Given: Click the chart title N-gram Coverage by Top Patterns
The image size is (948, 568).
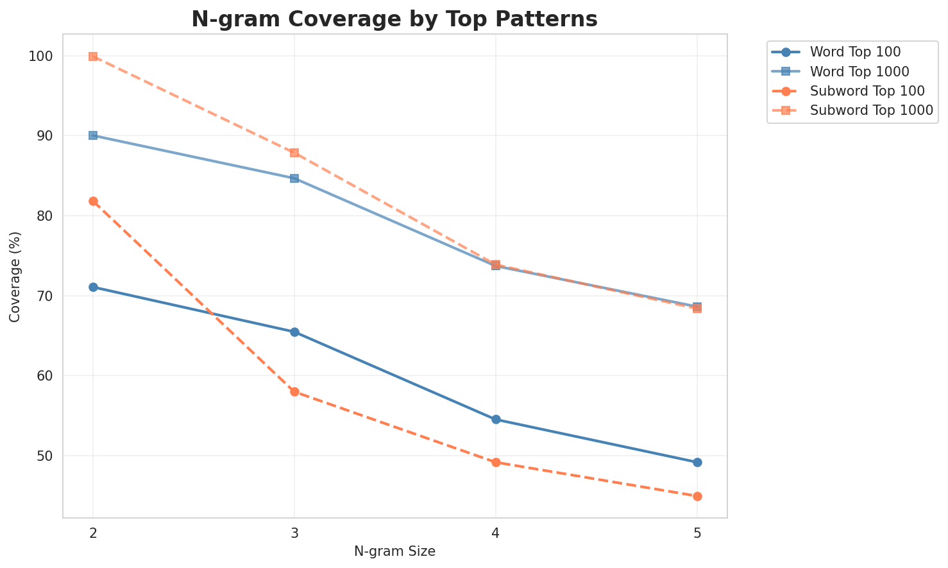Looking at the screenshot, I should [x=394, y=19].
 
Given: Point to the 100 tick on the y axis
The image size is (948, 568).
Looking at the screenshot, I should [x=42, y=56].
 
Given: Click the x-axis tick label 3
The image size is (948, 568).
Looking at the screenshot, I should [x=294, y=533].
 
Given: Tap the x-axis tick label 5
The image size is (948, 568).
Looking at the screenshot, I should [x=697, y=533].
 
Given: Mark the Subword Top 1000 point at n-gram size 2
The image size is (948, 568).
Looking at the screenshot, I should [x=93, y=56].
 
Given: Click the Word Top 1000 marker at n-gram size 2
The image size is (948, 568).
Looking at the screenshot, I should [x=93, y=135].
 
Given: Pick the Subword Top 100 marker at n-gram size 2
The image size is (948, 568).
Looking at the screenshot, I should [x=93, y=201].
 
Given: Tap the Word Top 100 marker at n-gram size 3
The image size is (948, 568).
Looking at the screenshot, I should [x=294, y=332].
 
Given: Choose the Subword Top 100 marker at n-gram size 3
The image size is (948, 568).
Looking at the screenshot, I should [x=294, y=392].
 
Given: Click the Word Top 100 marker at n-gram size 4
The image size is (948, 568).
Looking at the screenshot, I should [x=496, y=420].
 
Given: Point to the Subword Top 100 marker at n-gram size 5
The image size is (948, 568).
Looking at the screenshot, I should [x=697, y=496].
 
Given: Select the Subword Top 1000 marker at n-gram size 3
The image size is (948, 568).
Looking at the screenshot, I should [x=294, y=153].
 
